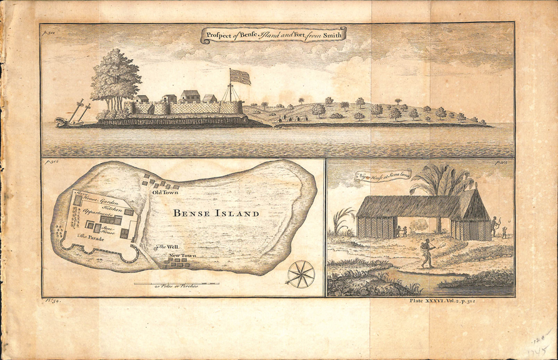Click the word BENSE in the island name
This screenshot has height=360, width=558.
click(x=194, y=213)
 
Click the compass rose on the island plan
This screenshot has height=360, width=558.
click(x=301, y=272)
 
